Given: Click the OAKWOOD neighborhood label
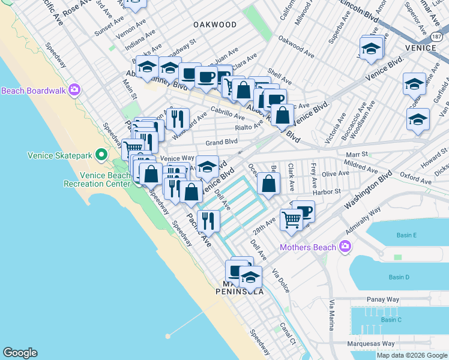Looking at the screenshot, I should pyautogui.click(x=214, y=25).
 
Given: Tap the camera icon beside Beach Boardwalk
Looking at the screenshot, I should pyautogui.click(x=74, y=91).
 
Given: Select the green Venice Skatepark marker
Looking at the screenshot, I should pyautogui.click(x=102, y=155).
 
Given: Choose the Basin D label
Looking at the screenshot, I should pyautogui.click(x=399, y=277).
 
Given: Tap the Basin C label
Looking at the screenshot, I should pyautogui.click(x=391, y=319).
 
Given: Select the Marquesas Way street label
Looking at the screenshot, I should pyautogui.click(x=371, y=344).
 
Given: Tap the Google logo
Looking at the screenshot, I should pyautogui.click(x=20, y=353).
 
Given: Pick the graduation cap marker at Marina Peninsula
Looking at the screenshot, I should pyautogui.click(x=250, y=277).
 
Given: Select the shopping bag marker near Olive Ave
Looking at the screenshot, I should pyautogui.click(x=268, y=184).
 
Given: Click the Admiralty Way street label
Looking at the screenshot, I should pyautogui.click(x=364, y=223).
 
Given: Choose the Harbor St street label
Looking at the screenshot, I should pyautogui.click(x=327, y=191).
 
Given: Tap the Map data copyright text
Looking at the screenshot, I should pyautogui.click(x=412, y=355).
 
